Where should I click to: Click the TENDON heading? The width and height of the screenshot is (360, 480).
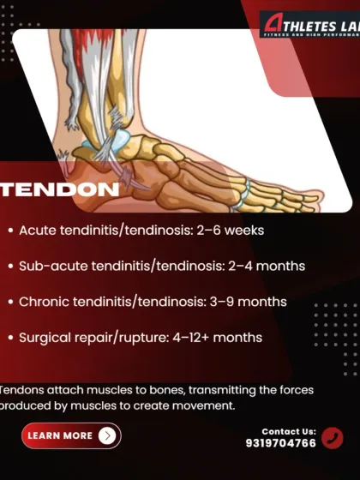60,189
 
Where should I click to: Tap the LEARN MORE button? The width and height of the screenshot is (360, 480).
71,435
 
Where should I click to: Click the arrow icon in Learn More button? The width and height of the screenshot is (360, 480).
106,435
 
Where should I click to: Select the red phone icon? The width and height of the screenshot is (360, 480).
333,438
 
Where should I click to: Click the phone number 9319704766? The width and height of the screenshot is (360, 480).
280,443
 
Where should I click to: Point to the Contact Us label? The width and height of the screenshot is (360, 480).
289,431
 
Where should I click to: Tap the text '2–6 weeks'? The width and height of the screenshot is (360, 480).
231,231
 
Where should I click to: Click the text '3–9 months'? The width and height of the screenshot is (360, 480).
250,302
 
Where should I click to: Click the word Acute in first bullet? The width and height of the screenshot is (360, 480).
37,231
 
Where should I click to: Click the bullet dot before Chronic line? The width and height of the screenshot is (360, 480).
9,303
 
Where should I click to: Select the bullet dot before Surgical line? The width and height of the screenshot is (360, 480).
9,339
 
